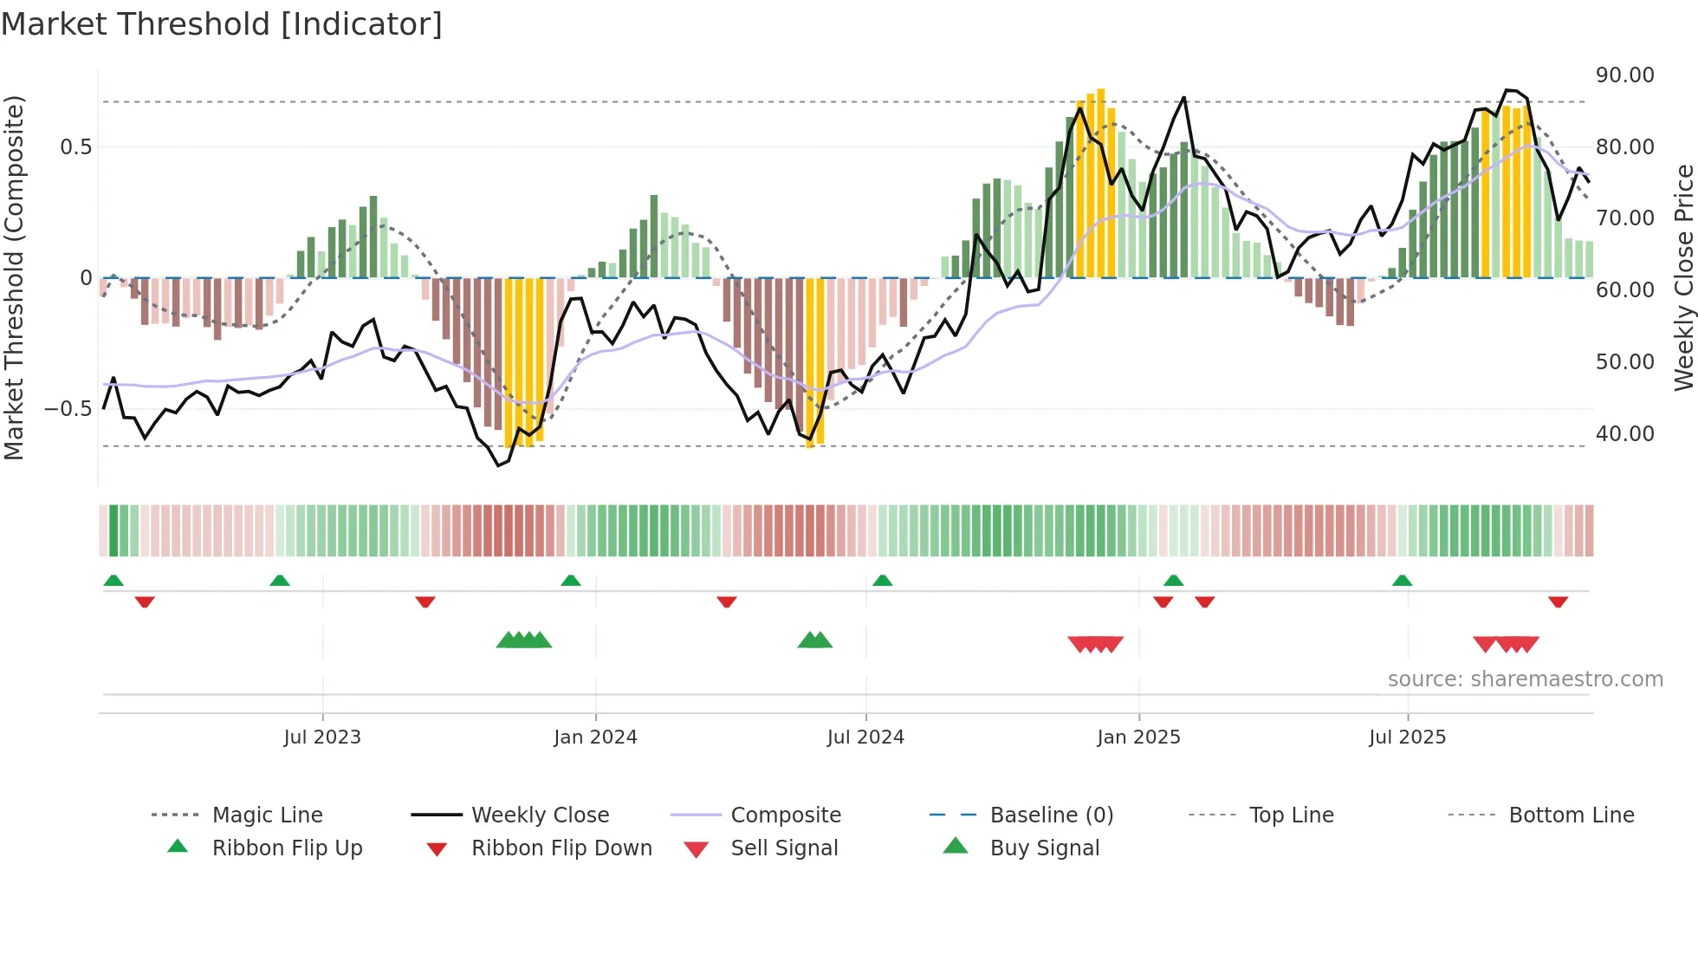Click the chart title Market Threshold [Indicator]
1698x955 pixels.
222,24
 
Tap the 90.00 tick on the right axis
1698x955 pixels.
1624,75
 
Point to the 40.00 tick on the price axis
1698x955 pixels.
1624,433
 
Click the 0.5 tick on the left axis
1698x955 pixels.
75,146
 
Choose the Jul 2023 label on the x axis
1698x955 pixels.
322,737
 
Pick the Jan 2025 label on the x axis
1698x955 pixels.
1138,737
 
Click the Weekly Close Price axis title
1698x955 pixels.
1683,277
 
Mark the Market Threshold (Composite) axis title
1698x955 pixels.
14,277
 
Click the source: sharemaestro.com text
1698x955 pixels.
1525,679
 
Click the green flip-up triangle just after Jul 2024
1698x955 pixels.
882,581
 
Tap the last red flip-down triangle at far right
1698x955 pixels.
1558,601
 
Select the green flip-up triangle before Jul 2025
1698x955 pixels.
1402,581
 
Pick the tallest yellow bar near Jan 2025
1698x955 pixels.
1100,182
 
